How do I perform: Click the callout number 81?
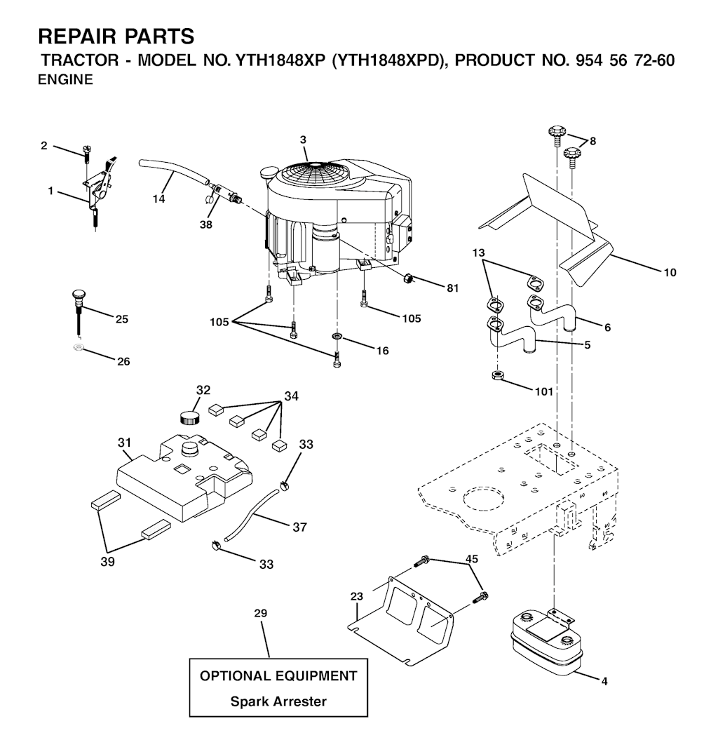[453, 288]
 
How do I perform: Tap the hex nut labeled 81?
[409, 277]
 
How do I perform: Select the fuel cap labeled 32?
[189, 417]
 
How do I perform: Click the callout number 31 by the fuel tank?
[125, 442]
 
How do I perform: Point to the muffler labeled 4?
[546, 640]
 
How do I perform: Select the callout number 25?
[122, 319]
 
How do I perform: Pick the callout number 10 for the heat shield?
[670, 273]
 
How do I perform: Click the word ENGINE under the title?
[65, 80]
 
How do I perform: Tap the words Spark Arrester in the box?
[278, 701]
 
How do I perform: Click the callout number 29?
[260, 613]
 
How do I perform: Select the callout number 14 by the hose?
[159, 198]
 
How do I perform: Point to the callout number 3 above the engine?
[303, 140]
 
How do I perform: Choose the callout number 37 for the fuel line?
[300, 527]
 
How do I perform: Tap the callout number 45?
[472, 559]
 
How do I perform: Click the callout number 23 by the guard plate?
[357, 596]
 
